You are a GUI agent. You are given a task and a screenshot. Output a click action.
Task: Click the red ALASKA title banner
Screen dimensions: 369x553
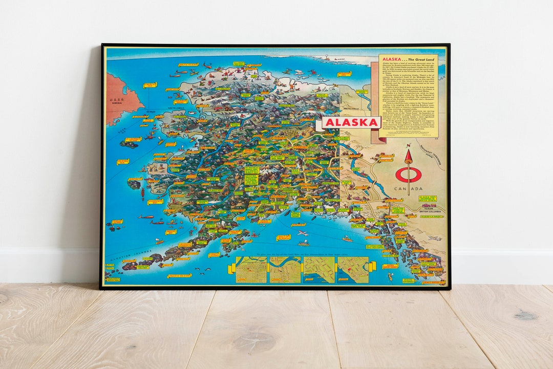point(352,123)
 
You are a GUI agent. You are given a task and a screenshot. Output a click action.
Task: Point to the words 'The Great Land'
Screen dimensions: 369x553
point(415,59)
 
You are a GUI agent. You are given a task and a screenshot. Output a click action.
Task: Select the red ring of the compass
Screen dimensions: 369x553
point(408,174)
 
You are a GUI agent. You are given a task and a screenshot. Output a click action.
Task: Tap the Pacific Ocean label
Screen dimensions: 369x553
point(179,275)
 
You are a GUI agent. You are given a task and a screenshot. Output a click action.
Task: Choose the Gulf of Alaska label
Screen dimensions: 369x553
point(283,237)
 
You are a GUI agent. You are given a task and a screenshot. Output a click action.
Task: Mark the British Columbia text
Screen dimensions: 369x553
point(430,211)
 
